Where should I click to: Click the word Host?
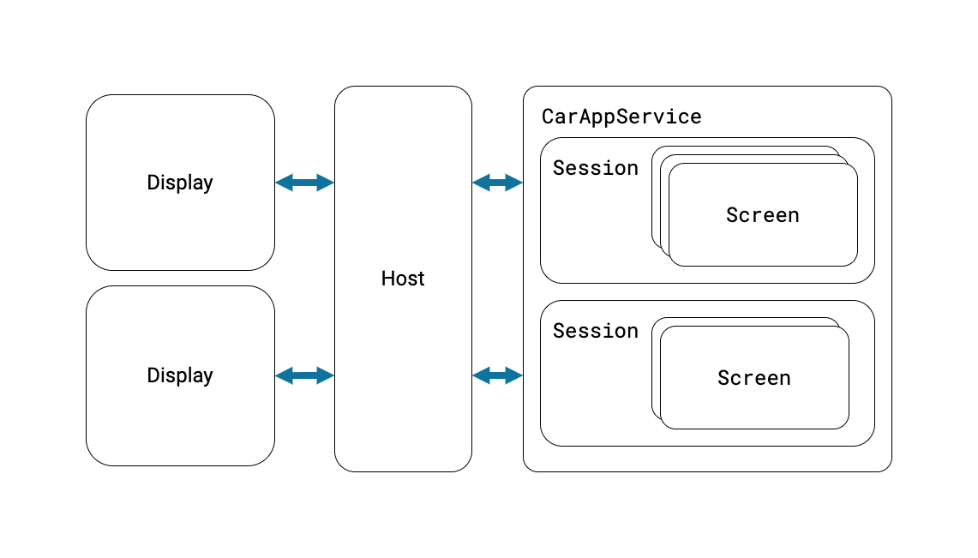point(403,279)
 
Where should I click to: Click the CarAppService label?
point(621,117)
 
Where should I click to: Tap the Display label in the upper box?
point(180,183)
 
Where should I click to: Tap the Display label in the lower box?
point(180,375)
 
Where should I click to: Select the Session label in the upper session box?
point(595,168)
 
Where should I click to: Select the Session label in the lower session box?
point(595,331)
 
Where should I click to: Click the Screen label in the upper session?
point(762,215)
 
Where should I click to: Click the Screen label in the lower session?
point(753,378)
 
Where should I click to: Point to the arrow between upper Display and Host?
point(304,183)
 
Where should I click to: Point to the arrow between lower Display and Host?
point(304,375)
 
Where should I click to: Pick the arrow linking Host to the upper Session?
point(497,183)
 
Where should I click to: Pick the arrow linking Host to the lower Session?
point(497,375)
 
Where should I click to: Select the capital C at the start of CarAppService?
point(548,117)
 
